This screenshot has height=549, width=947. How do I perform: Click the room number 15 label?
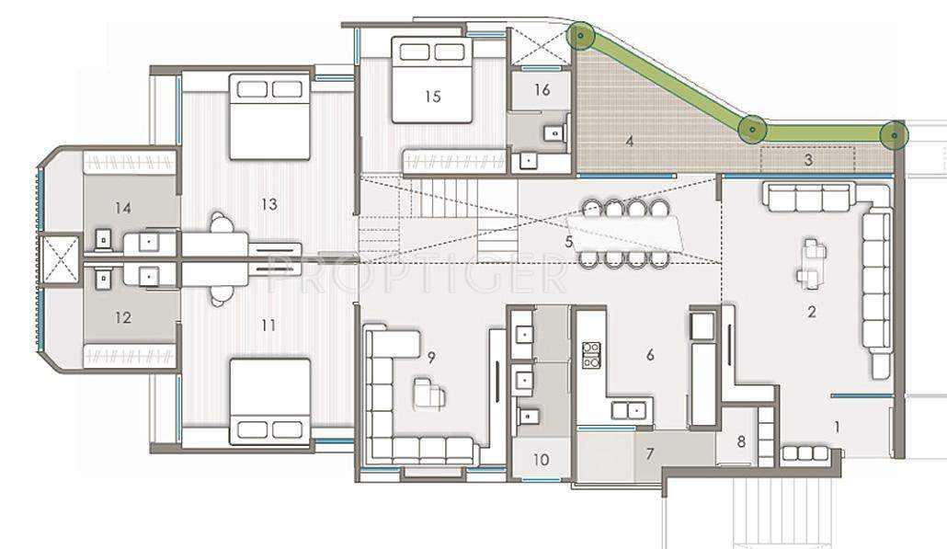pos(433,95)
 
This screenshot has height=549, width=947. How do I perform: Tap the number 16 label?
pos(541,89)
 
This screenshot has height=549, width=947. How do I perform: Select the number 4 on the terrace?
pos(629,142)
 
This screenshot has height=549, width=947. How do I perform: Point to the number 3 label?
pos(807,159)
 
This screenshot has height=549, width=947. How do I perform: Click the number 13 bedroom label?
pos(268,204)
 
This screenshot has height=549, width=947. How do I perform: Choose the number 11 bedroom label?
pos(268,325)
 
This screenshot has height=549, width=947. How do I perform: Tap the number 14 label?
pos(123,208)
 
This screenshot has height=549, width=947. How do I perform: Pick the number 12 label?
pos(123,317)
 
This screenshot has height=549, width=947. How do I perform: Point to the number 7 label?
pos(649,453)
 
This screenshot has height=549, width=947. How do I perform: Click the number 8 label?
pos(743,440)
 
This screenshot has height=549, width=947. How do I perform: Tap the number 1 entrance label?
pos(838,426)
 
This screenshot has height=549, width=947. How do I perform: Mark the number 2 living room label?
pos(811,312)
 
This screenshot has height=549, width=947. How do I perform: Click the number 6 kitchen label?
pos(650,355)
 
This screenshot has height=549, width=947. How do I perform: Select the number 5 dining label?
pos(569,242)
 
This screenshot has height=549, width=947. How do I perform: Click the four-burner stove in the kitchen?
pos(591,354)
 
